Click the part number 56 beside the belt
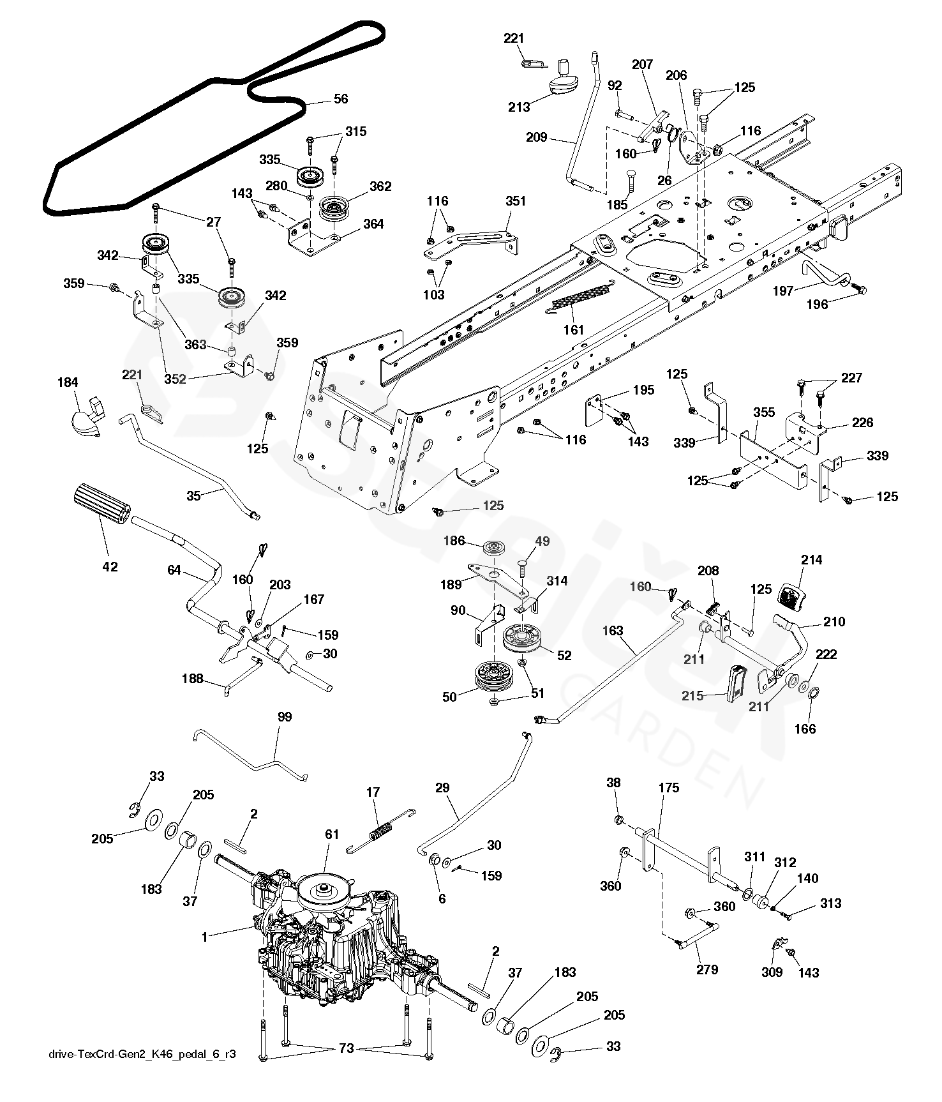[x=341, y=99]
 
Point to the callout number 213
[x=519, y=107]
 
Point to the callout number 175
[x=668, y=788]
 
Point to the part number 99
[x=285, y=717]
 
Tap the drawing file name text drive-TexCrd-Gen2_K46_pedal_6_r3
[x=142, y=1054]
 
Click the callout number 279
[x=707, y=969]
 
